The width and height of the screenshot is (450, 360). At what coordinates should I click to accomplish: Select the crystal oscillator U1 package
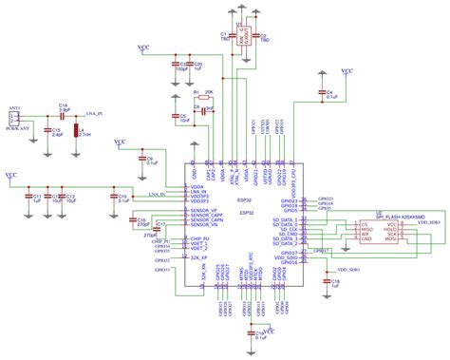pyautogui.click(x=243, y=36)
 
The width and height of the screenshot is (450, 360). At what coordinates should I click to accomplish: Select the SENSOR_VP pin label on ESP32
pyautogui.click(x=207, y=209)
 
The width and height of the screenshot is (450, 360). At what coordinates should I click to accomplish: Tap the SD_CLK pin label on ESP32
pyautogui.click(x=286, y=229)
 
